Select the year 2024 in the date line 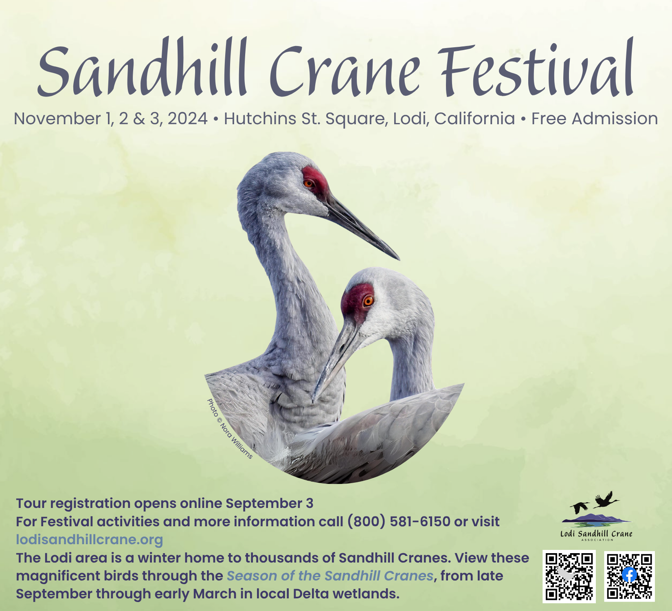pos(188,119)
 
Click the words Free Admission pos(595,119)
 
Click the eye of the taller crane pos(309,183)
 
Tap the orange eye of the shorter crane pos(368,301)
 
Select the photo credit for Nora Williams pos(230,429)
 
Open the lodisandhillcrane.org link pos(90,539)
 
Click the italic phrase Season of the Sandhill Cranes pos(330,576)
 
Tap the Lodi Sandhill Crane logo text pos(597,534)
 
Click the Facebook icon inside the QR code pos(629,575)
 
